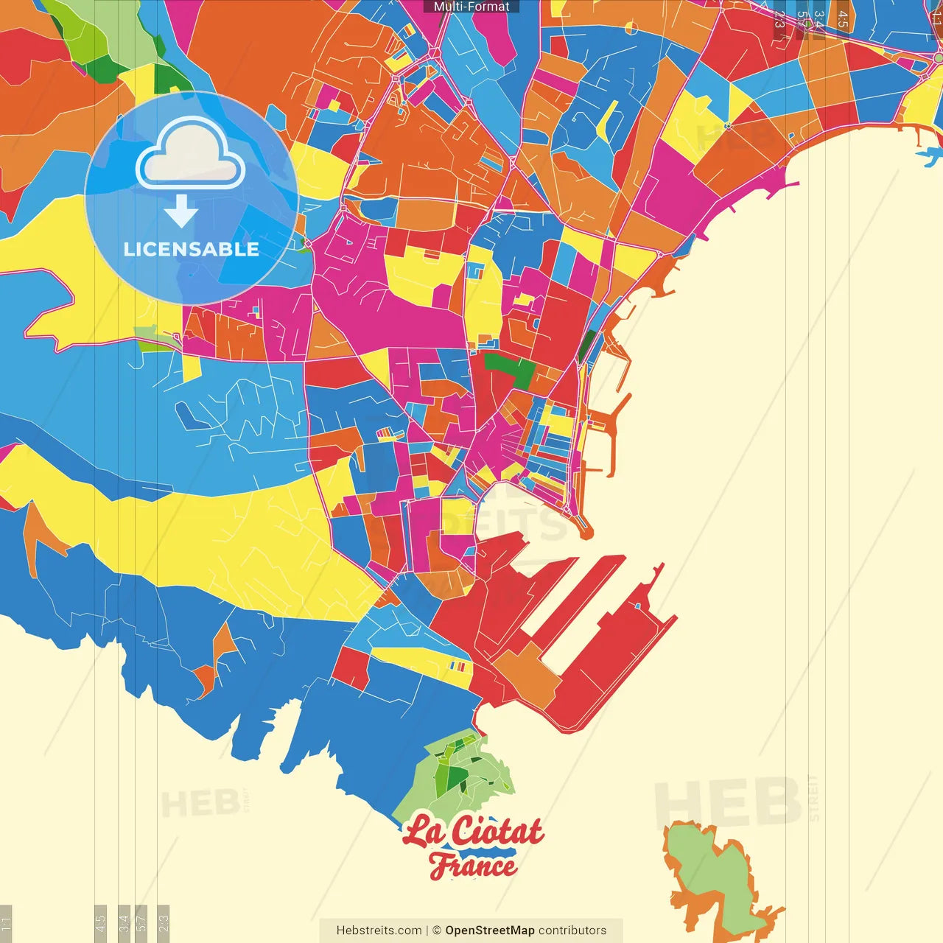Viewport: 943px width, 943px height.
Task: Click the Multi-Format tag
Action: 471,7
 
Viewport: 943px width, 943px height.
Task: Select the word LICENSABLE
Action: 192,249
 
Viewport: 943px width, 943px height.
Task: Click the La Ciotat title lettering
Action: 473,831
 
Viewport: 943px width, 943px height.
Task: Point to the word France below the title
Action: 472,865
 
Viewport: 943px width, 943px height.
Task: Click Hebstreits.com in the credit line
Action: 379,930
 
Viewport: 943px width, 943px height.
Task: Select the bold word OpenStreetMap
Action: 490,930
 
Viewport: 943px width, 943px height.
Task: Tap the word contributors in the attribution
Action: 572,930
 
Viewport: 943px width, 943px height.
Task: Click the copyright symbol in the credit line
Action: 437,930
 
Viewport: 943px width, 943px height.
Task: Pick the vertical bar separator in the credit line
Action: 427,930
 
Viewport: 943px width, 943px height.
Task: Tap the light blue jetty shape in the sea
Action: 930,155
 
